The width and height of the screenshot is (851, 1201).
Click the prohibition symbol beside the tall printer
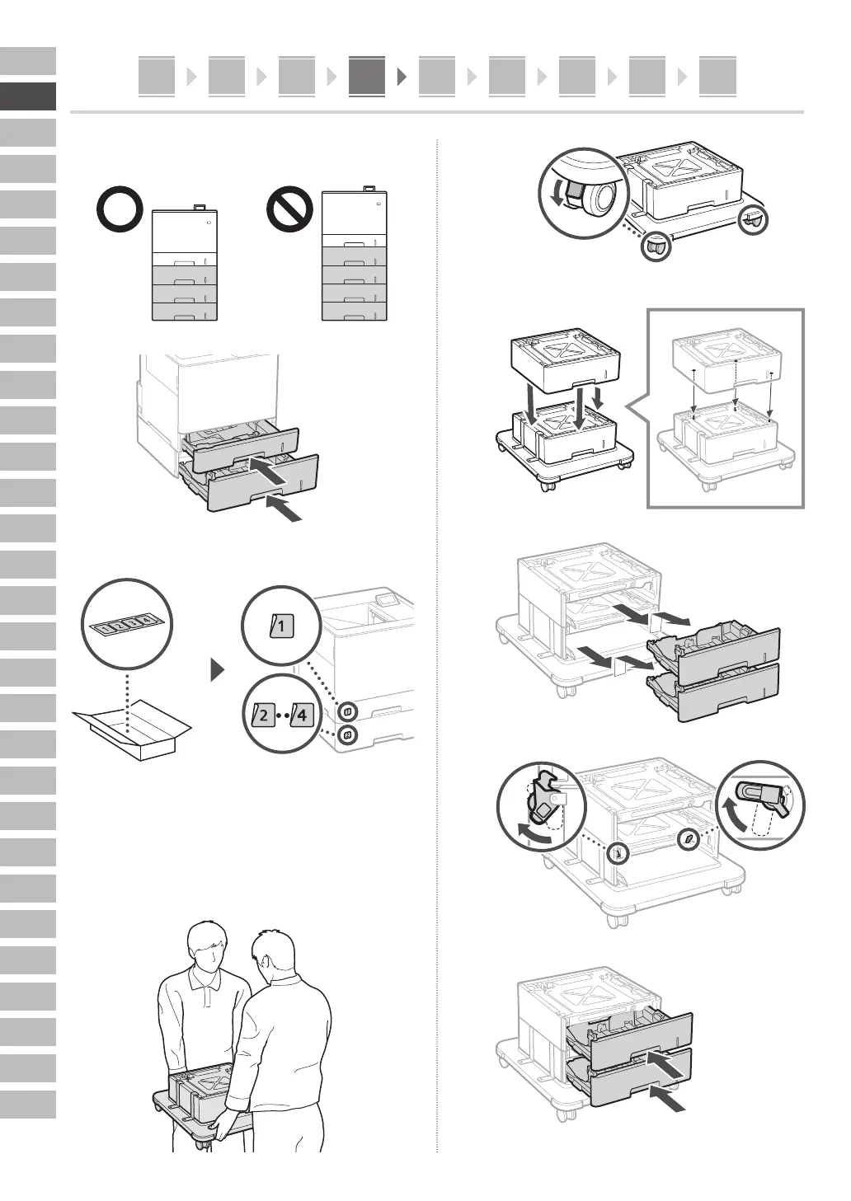[x=289, y=211]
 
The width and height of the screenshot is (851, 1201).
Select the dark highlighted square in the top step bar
[x=366, y=77]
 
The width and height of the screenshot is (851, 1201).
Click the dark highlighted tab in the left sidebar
[x=28, y=96]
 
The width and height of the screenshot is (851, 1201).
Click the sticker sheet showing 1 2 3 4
[x=125, y=625]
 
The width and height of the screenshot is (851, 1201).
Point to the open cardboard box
[x=132, y=729]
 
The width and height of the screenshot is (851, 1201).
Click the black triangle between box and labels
[x=218, y=669]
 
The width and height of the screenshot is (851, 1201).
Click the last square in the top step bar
[x=717, y=77]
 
